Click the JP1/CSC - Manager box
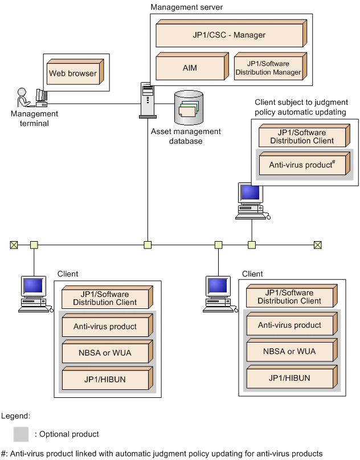(x=229, y=35)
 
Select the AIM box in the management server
(x=190, y=68)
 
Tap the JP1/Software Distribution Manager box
(x=269, y=68)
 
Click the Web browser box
(x=72, y=74)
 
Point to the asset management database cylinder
(x=188, y=108)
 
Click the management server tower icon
(x=148, y=100)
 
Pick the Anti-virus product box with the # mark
(x=302, y=165)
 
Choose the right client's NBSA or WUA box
(x=289, y=351)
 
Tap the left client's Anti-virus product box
(x=106, y=327)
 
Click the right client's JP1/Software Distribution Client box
(x=289, y=297)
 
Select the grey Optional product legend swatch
(x=21, y=434)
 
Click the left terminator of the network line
(x=14, y=245)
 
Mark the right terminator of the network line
(x=318, y=245)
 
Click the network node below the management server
(x=148, y=245)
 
